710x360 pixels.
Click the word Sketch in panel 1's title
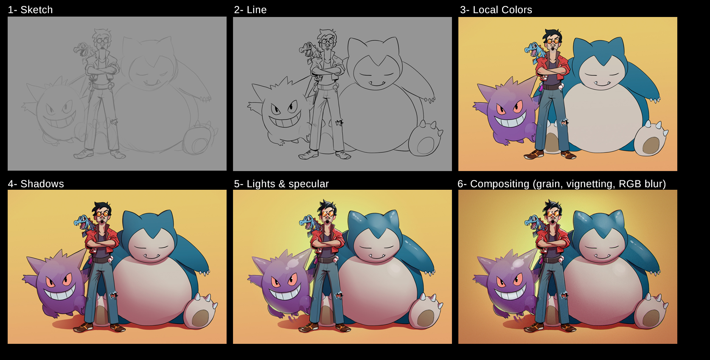coord(36,10)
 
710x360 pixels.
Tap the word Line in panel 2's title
coord(256,10)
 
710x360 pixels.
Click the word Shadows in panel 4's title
coord(42,184)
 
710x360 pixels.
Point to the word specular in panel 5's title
coord(309,184)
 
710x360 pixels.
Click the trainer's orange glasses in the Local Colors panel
coord(552,41)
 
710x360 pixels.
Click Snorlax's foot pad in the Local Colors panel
coord(651,145)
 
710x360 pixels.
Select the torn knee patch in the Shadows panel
coord(113,295)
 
